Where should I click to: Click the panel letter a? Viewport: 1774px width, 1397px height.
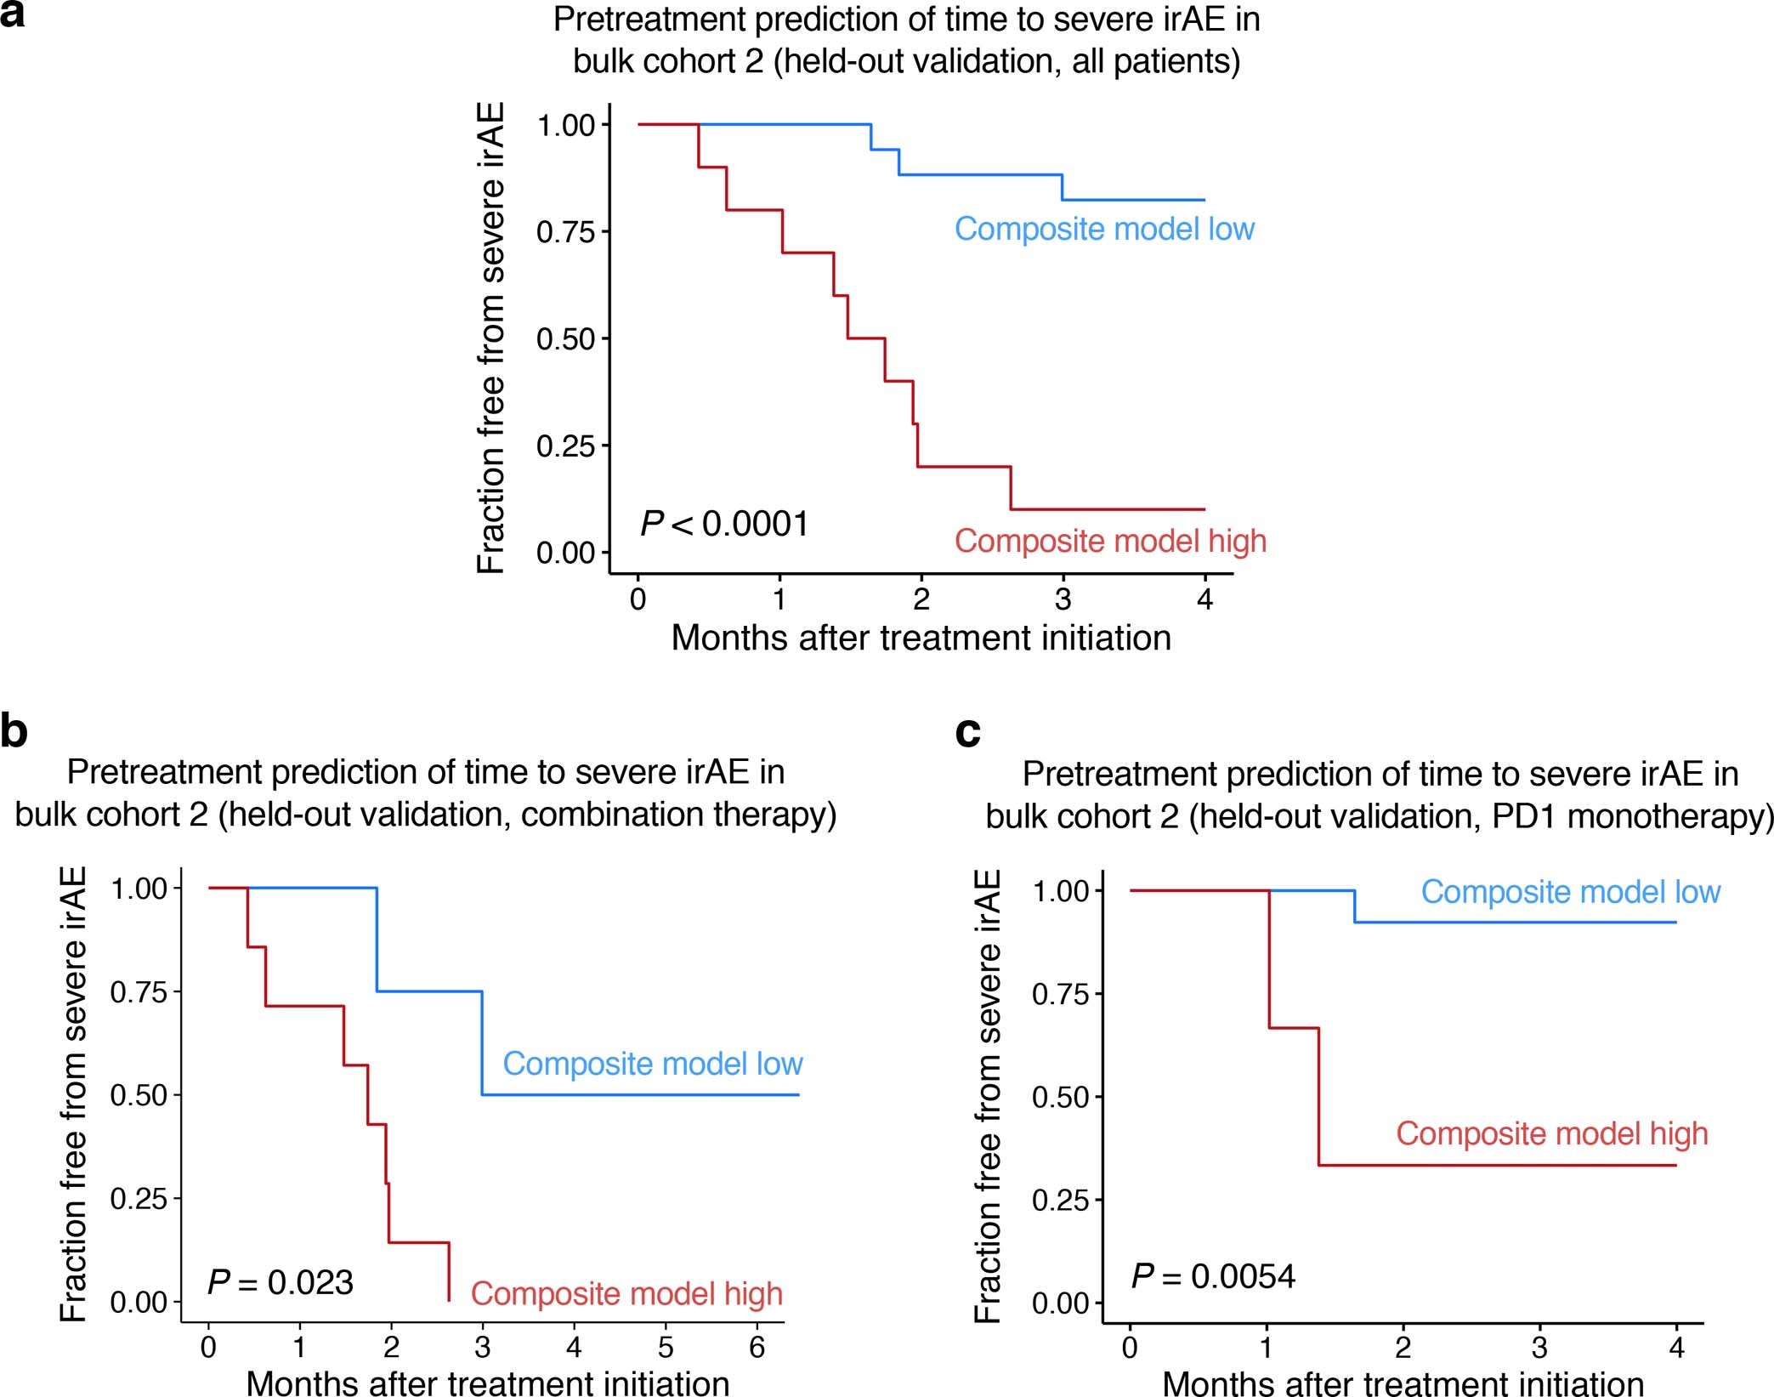click(12, 15)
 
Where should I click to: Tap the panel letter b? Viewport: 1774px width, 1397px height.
click(14, 732)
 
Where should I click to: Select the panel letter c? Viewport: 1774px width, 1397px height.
click(968, 732)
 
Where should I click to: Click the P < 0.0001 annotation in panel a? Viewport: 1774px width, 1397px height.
click(724, 524)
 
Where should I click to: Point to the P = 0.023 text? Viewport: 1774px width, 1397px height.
click(281, 1282)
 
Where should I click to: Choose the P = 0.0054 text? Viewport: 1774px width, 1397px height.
click(1213, 1276)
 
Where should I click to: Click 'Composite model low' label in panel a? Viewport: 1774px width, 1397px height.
click(1104, 229)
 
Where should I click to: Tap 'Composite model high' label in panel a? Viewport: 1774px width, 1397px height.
click(1110, 541)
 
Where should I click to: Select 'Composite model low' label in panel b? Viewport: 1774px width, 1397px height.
click(653, 1064)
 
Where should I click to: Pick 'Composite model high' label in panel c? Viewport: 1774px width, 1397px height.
click(1552, 1133)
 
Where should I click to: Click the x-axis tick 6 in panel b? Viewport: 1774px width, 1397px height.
click(757, 1347)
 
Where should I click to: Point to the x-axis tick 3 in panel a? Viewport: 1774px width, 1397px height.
click(1063, 599)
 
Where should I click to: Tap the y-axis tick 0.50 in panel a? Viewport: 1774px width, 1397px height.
click(565, 339)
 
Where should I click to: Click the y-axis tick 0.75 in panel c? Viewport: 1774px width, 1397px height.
click(1060, 994)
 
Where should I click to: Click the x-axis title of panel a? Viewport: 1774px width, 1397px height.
click(921, 638)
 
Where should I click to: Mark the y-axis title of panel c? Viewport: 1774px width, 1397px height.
click(988, 1096)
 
